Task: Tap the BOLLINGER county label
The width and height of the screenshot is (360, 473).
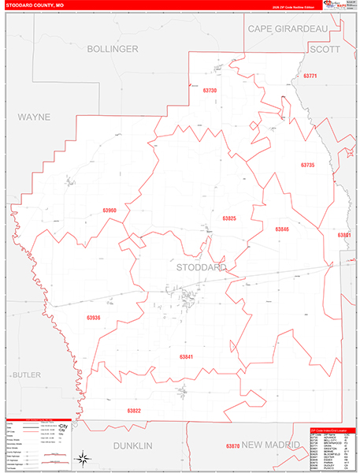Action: pos(112,49)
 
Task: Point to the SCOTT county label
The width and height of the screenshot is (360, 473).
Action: pos(325,49)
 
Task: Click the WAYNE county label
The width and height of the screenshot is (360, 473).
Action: pos(34,117)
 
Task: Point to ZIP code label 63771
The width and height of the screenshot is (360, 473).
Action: pos(309,76)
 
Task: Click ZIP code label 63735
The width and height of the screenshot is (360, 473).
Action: pos(307,165)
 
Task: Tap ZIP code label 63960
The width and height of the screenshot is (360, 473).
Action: pos(109,210)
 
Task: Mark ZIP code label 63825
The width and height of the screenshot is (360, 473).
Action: pos(229,218)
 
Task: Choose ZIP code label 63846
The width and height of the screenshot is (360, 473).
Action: pos(282,229)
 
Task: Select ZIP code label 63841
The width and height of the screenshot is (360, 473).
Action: pos(186,357)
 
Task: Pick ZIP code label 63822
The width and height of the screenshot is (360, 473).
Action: pos(134,411)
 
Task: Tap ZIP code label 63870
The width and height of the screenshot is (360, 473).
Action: pos(232,446)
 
